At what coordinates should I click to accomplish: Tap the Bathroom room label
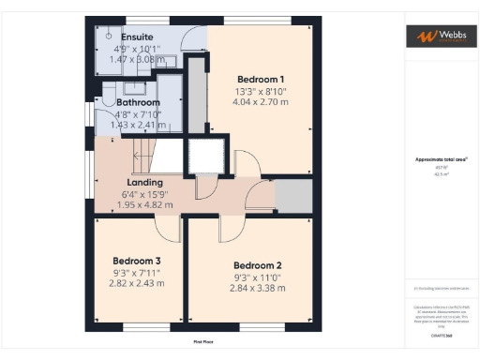click(x=132, y=102)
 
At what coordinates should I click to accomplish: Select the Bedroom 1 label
click(x=261, y=78)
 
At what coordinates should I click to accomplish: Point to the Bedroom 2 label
click(x=257, y=264)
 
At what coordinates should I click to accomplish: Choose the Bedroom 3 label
click(x=137, y=260)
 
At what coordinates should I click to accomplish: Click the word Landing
click(x=145, y=181)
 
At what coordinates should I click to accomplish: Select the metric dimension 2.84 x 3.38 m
click(x=257, y=288)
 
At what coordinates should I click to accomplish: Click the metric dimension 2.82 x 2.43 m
click(x=137, y=282)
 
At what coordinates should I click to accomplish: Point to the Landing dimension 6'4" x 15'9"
click(x=145, y=192)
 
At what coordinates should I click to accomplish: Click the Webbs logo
click(x=438, y=37)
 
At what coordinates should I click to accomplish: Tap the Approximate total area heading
click(x=437, y=159)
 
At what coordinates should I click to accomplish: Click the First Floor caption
click(x=204, y=341)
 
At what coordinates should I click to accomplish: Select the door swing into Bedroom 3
click(x=168, y=228)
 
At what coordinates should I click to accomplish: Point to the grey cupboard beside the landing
click(x=292, y=197)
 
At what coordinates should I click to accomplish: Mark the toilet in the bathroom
click(x=110, y=95)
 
